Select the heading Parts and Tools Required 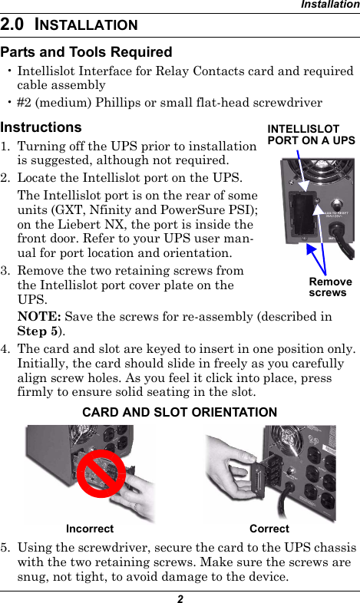coord(86,52)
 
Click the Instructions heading coord(41,127)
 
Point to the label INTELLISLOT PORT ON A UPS coord(310,135)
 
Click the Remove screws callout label coord(330,287)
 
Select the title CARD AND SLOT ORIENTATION coord(179,413)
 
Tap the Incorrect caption coord(90,529)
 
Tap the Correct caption coord(269,529)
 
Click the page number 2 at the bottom coord(180,596)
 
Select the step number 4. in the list coord(6,350)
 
